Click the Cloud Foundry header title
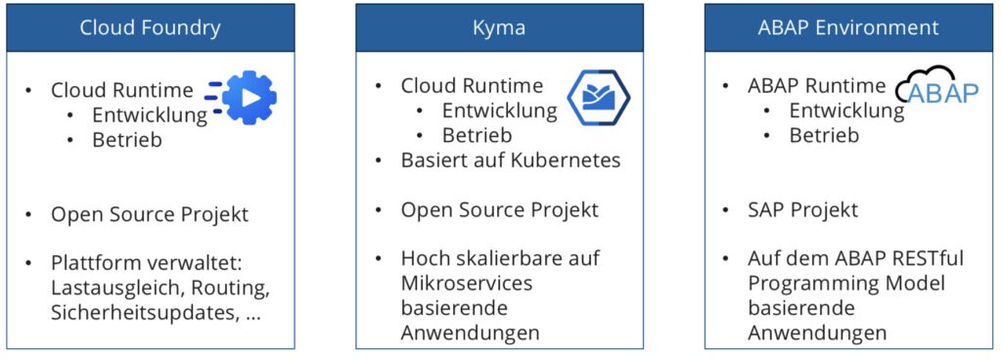[x=150, y=27]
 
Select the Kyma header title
[x=499, y=27]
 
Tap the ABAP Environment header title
[x=848, y=27]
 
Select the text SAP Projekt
[x=803, y=210]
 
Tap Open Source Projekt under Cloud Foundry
[x=150, y=214]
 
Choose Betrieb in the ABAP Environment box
[x=824, y=136]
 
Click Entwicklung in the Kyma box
[x=499, y=111]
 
